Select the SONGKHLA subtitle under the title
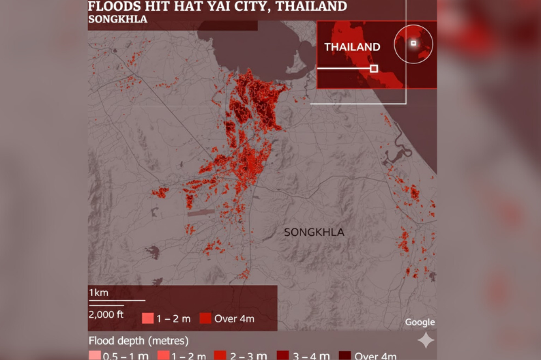tap(117, 19)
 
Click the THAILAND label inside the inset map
tap(352, 47)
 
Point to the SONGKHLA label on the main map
tap(314, 232)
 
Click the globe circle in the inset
tap(413, 44)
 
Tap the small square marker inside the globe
tap(413, 43)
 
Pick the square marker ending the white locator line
tap(374, 68)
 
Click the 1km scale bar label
tap(98, 292)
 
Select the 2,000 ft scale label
tap(106, 314)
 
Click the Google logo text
tap(420, 322)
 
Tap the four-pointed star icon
tap(426, 340)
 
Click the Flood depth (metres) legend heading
tap(138, 340)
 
